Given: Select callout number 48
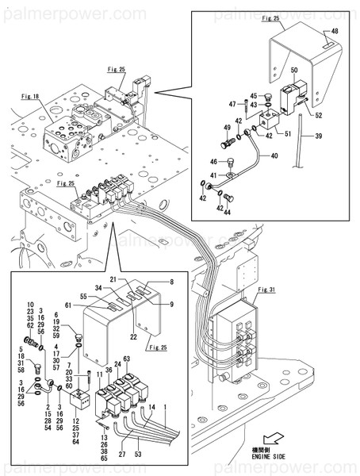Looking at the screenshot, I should [333, 32].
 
